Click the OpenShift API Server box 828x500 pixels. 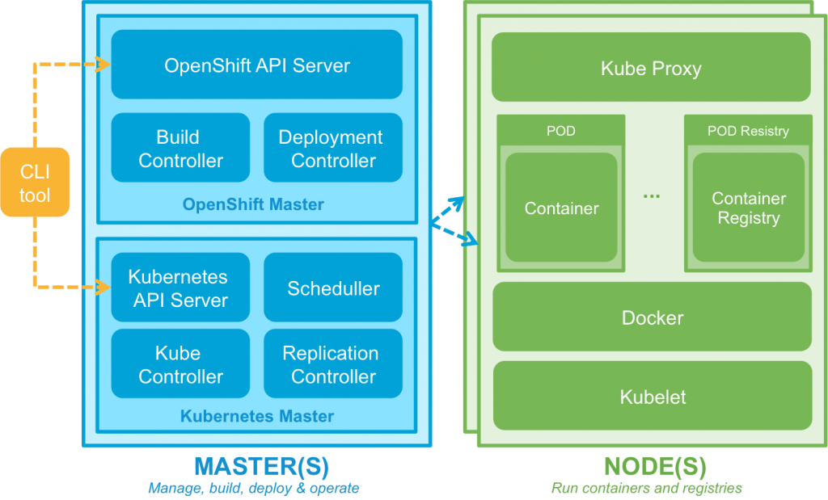pyautogui.click(x=256, y=65)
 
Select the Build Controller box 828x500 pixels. pyautogui.click(x=180, y=148)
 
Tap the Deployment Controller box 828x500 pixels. pyautogui.click(x=332, y=148)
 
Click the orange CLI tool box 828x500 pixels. pyautogui.click(x=35, y=183)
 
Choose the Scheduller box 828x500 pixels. pyautogui.click(x=332, y=288)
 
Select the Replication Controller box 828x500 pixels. pyautogui.click(x=332, y=364)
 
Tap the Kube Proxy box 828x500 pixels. pyautogui.click(x=651, y=67)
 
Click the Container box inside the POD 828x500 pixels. pyautogui.click(x=561, y=208)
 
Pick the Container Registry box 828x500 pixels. pyautogui.click(x=748, y=208)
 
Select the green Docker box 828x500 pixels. pyautogui.click(x=652, y=317)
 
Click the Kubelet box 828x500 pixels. pyautogui.click(x=652, y=396)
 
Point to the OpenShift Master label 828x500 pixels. pyautogui.click(x=253, y=204)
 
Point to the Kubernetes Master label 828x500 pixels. pyautogui.click(x=256, y=417)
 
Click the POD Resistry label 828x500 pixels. pyautogui.click(x=748, y=130)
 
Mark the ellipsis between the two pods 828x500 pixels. pyautogui.click(x=652, y=195)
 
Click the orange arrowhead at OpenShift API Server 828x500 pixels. pyautogui.click(x=103, y=64)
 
